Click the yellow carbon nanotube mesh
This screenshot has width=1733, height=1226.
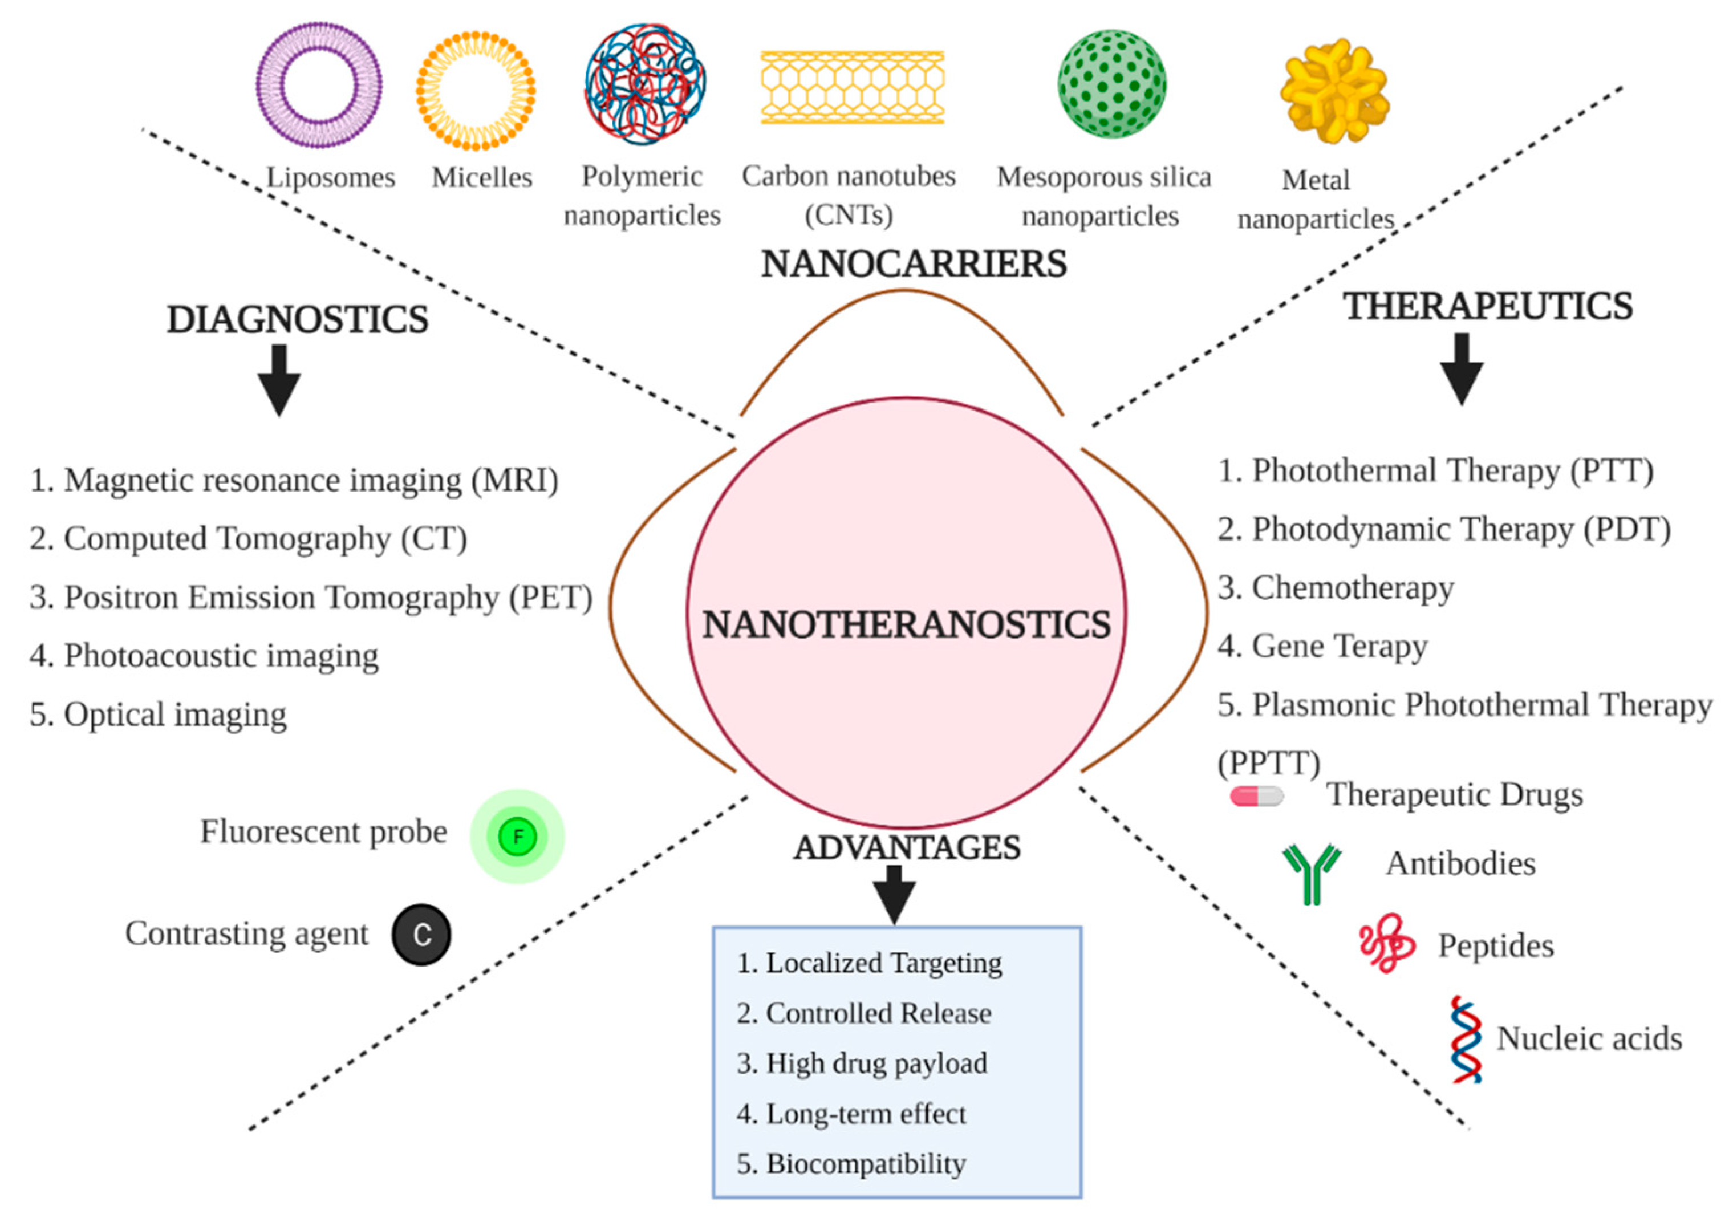(852, 88)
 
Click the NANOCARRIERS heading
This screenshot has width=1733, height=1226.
(914, 264)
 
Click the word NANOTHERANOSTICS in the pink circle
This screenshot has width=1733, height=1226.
(906, 625)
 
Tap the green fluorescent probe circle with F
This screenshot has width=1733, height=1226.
(518, 837)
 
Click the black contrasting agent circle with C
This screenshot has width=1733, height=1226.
(421, 935)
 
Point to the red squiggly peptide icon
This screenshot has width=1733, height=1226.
(1386, 943)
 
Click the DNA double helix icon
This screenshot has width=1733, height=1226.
(1466, 1040)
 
